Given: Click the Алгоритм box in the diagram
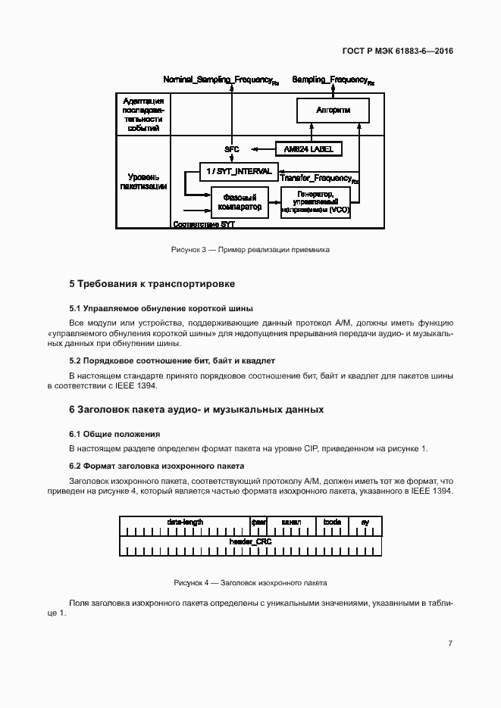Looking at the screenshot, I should tap(333, 111).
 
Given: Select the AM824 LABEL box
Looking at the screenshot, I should tap(308, 148).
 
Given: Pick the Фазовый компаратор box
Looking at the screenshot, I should tap(239, 202).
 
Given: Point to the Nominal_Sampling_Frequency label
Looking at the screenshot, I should tap(221, 80).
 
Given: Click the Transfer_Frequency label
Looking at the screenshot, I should tap(319, 179).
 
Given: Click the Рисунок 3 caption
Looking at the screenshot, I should tap(249, 249).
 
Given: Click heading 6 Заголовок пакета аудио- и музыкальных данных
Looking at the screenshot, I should tap(196, 410).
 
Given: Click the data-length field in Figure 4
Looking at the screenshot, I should tap(184, 522).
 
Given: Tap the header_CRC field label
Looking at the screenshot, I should tap(250, 542).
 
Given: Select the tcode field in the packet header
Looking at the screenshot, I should tap(332, 522).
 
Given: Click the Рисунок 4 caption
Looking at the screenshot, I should tap(250, 584).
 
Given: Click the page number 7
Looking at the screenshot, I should tap(450, 644).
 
